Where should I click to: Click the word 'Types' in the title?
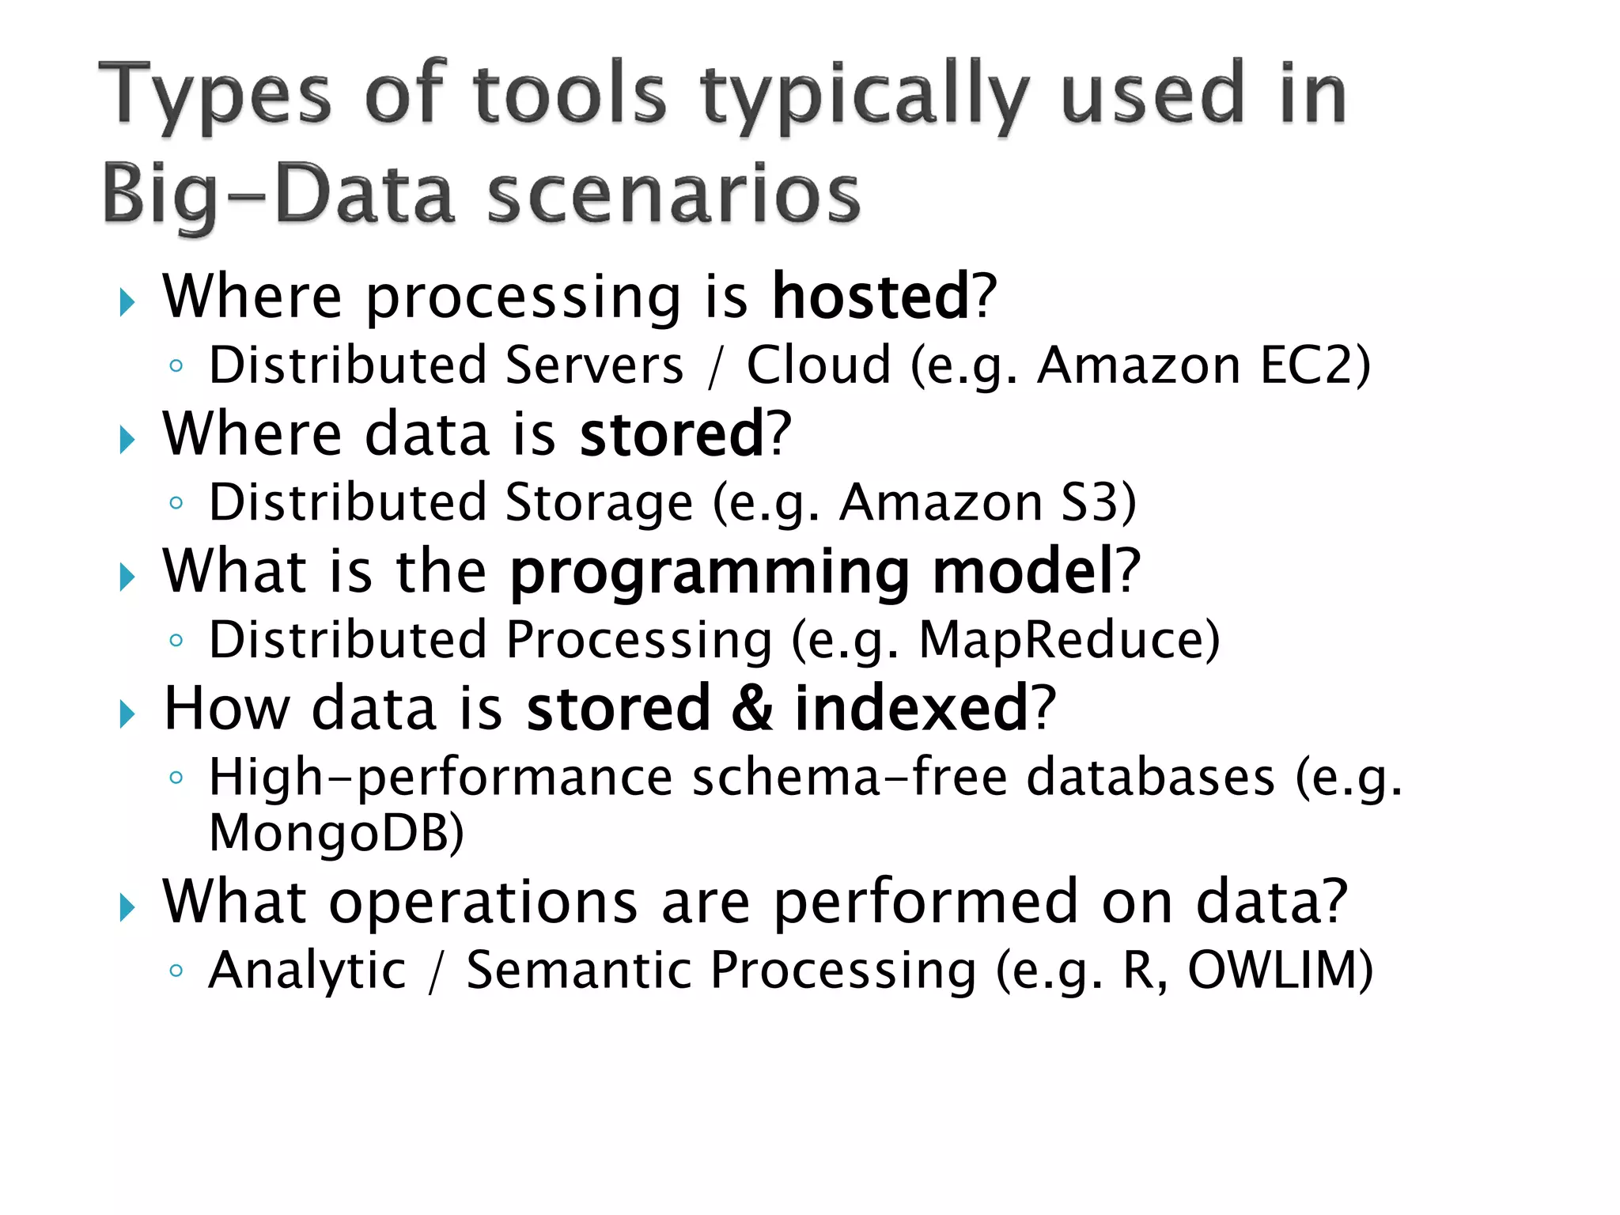(214, 97)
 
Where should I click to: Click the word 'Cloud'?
(819, 365)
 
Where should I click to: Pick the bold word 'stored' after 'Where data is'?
(672, 434)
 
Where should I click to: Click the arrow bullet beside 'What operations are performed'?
(127, 907)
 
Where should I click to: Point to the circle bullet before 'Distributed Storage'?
(176, 503)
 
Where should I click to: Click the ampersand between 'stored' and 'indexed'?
(752, 708)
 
